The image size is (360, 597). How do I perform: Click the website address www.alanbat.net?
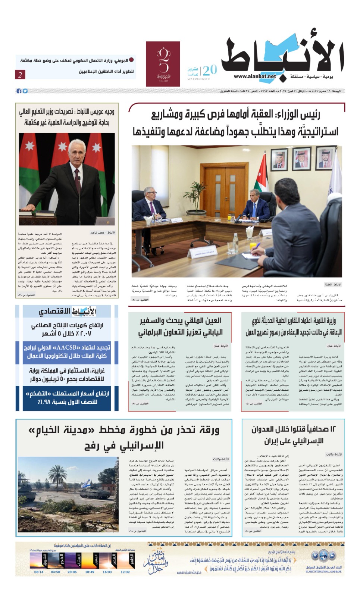pos(255,76)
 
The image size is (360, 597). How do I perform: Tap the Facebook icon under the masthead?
pos(19,91)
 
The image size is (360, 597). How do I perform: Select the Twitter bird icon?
pos(25,91)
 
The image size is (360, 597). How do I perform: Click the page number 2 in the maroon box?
pos(20,75)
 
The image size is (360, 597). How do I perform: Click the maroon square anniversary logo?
pos(163,64)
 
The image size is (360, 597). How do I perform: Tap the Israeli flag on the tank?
pos(85,484)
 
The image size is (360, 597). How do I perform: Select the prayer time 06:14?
pos(39,572)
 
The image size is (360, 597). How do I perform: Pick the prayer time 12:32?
pos(125,572)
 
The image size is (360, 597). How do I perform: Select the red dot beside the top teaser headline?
pos(131,60)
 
